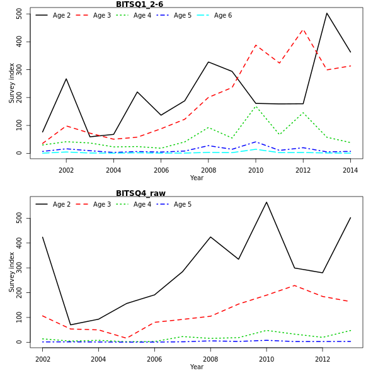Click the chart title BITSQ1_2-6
point(139,4)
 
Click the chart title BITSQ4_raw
point(140,193)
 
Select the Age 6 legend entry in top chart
point(222,15)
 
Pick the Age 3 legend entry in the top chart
point(101,15)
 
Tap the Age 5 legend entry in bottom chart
point(182,204)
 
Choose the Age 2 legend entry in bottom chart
point(61,204)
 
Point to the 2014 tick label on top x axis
point(350,170)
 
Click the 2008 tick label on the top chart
point(209,170)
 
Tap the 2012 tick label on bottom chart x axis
point(322,359)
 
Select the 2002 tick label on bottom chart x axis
point(42,359)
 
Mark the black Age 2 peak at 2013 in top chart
point(327,13)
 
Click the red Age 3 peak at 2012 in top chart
point(303,29)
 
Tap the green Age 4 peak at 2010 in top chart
point(256,106)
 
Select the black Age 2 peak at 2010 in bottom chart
point(266,202)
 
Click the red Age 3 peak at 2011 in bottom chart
point(294,285)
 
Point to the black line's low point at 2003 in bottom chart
point(71,325)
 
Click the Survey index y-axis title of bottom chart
point(11,272)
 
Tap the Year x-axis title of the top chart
point(197,178)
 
